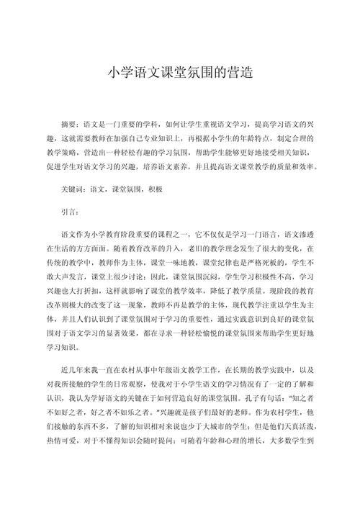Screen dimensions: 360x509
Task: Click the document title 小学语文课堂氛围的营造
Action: (x=179, y=72)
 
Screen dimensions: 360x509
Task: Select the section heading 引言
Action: (x=71, y=212)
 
